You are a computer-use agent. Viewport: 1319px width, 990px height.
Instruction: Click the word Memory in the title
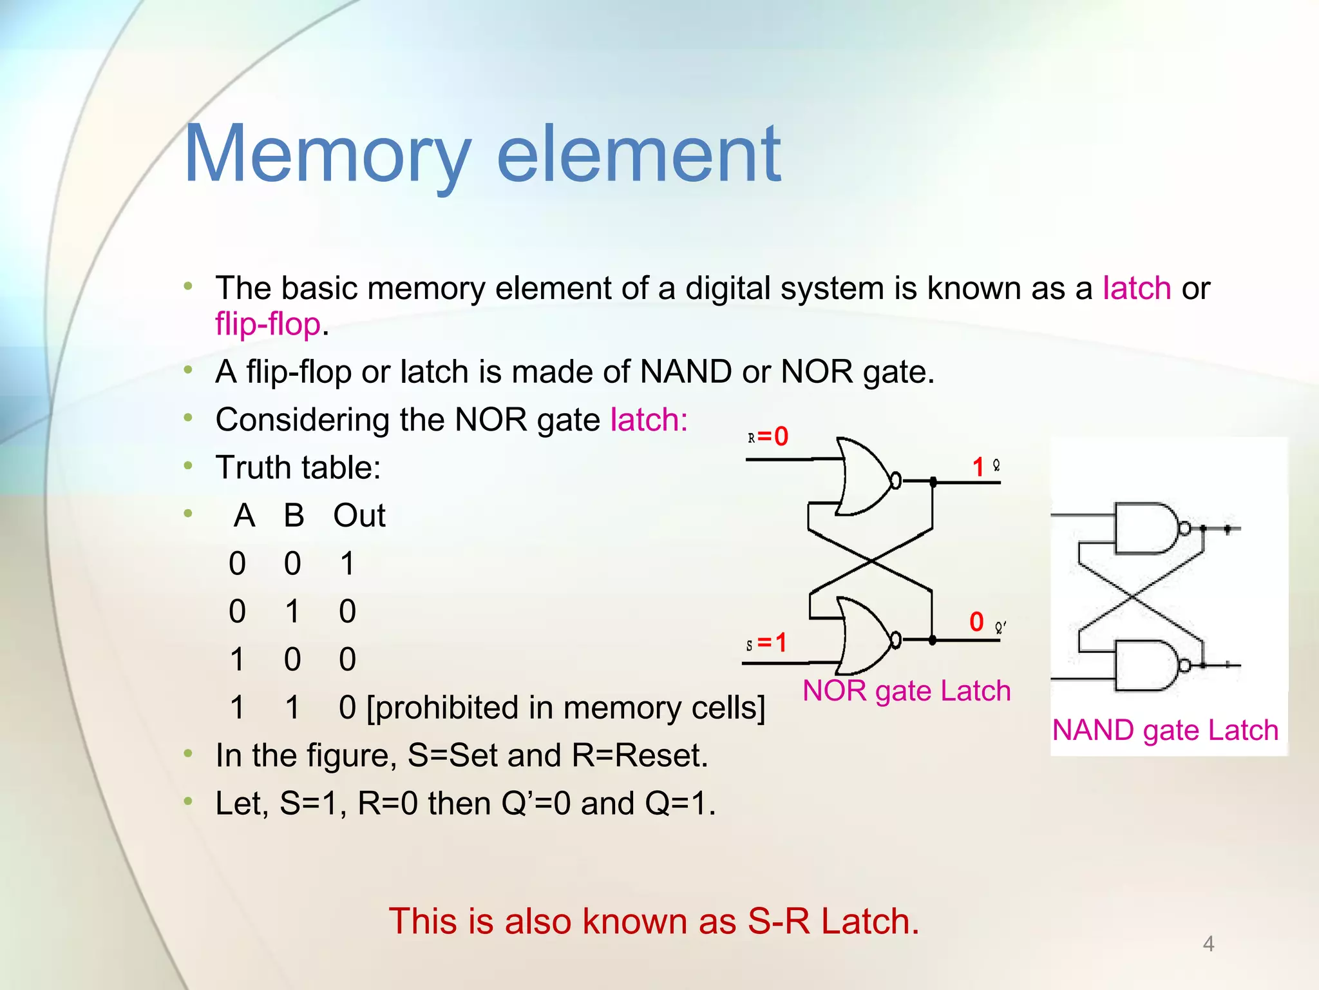coord(327,155)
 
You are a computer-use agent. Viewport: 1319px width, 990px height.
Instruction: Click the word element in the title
coord(639,155)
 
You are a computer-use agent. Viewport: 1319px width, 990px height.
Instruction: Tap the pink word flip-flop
coord(268,324)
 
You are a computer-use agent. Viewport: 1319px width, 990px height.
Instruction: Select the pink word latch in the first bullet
coord(1137,288)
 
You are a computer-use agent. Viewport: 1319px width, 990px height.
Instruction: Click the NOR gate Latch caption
coord(906,691)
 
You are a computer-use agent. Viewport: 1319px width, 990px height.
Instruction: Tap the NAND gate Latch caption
coord(1164,730)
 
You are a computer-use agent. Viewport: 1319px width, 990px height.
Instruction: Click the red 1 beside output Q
coord(978,467)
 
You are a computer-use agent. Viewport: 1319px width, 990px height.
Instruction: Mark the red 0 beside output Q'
coord(976,622)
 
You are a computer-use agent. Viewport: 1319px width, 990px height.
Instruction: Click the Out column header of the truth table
coord(359,516)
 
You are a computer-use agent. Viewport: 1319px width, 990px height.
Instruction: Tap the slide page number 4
coord(1208,944)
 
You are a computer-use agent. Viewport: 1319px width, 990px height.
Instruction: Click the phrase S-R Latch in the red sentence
coord(833,921)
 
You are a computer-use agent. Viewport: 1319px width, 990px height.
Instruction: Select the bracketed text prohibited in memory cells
coord(565,708)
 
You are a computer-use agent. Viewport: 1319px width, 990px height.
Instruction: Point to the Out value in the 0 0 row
coord(347,563)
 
